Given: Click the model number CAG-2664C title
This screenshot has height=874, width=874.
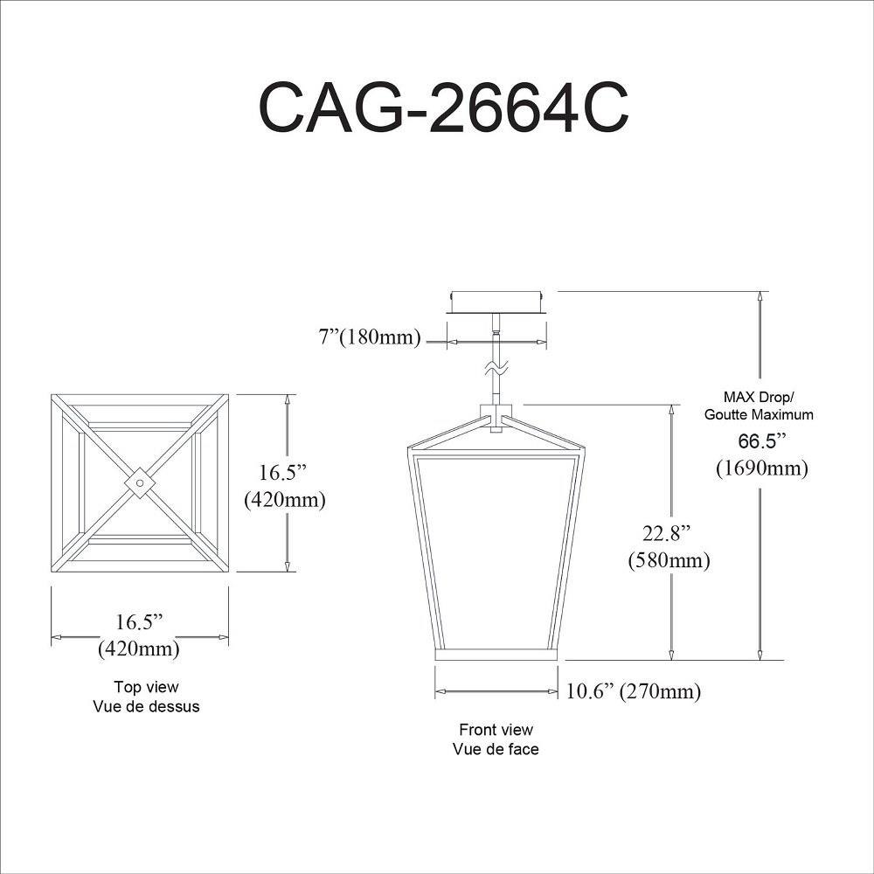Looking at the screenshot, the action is tap(443, 108).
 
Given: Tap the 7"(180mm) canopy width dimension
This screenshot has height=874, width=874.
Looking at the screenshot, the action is tap(370, 336).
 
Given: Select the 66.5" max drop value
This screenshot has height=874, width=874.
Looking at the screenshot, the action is tap(761, 440).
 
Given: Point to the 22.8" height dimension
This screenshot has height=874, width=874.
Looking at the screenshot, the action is tap(667, 533).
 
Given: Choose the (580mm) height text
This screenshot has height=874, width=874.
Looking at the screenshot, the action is tap(669, 559).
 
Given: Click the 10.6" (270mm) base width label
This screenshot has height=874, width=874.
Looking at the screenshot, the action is tap(633, 691).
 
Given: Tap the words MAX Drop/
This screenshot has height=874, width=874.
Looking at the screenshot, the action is tap(758, 398).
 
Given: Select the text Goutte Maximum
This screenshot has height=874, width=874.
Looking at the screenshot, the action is tap(759, 414).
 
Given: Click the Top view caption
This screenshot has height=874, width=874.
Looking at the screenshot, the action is tap(146, 687).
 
